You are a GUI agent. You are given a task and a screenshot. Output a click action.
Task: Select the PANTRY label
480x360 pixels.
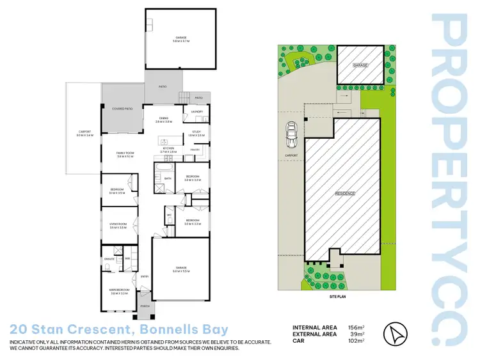(x=196, y=150)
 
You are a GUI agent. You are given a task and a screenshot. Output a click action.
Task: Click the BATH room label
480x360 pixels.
(x=168, y=178)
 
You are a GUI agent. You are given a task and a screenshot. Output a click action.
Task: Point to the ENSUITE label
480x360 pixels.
(x=109, y=258)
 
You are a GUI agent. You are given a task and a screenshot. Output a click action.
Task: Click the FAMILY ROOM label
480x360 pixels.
(x=124, y=153)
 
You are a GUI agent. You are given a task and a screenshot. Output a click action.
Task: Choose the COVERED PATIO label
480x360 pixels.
(x=122, y=109)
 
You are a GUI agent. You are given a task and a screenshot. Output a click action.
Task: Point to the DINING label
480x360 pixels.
(x=164, y=118)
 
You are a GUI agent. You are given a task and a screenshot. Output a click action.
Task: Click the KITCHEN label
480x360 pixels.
(x=168, y=148)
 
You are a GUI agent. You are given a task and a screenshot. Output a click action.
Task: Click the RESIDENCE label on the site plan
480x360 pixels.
(x=345, y=192)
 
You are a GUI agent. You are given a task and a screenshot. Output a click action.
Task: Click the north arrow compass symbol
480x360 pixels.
(x=394, y=333)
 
